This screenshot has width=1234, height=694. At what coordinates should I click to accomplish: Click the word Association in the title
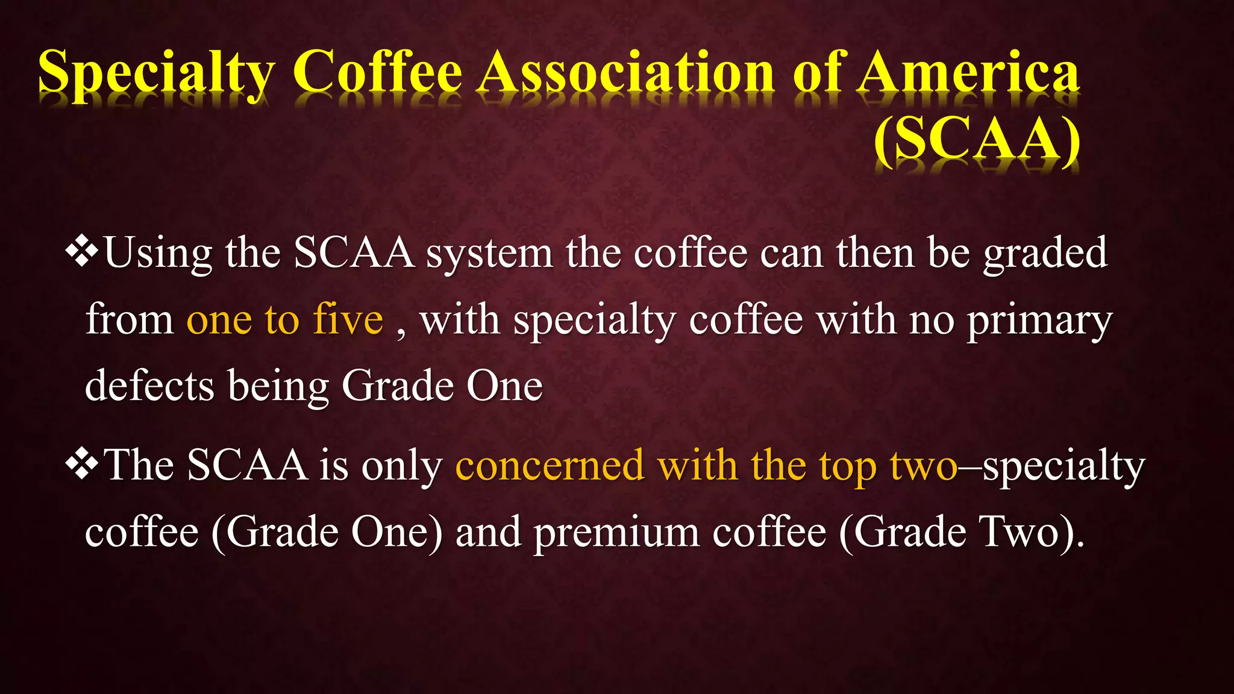point(627,73)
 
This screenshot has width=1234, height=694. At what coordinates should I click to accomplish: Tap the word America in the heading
point(968,73)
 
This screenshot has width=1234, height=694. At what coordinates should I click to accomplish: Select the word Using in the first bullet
point(158,253)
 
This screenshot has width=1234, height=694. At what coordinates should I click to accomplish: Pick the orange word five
point(348,319)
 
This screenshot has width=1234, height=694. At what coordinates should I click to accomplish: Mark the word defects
point(149,386)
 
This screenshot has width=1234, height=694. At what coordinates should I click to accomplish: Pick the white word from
point(129,319)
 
